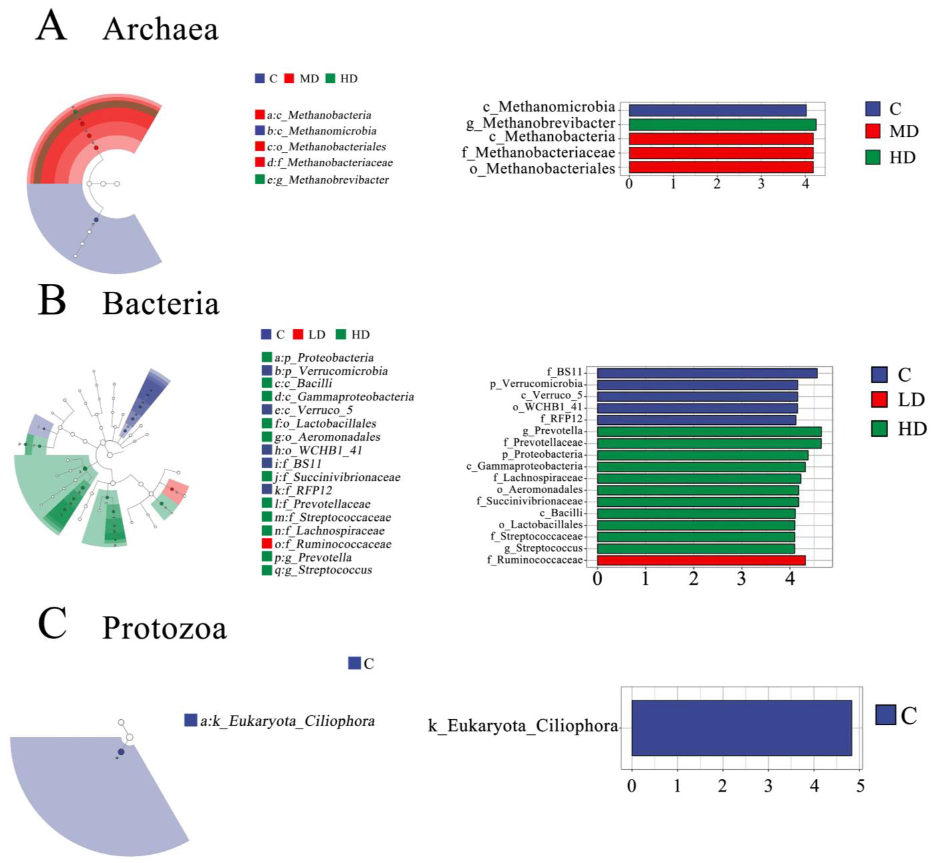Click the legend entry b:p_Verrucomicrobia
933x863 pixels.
331,371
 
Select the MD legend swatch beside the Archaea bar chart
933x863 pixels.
872,131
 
